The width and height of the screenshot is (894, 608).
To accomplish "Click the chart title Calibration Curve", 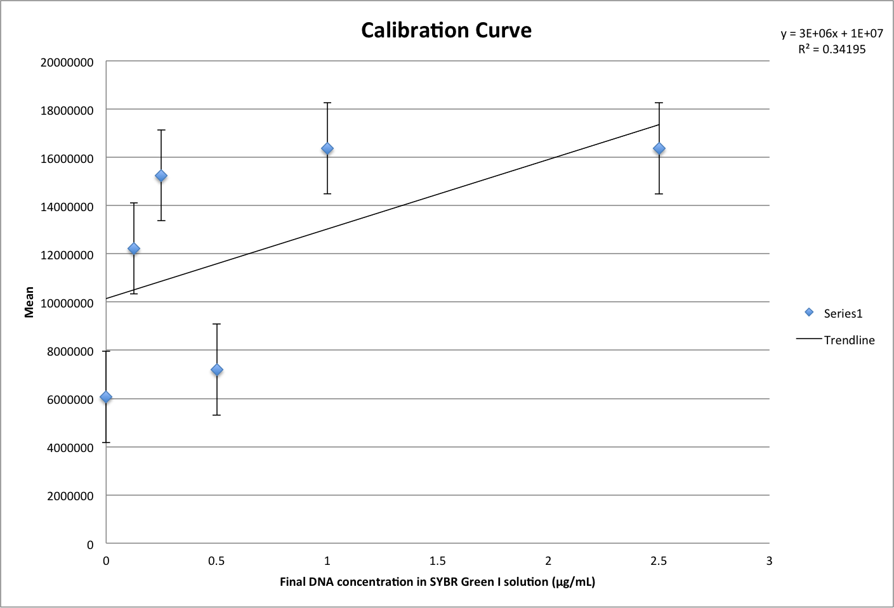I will tap(446, 30).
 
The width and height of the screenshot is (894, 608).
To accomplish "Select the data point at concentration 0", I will tap(106, 398).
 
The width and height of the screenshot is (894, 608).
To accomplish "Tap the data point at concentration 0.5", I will tap(216, 370).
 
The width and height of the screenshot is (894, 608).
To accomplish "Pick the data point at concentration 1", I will tap(327, 149).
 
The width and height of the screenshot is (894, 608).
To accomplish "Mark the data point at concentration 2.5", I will tap(659, 149).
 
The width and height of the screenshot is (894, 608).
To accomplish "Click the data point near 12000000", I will tap(134, 249).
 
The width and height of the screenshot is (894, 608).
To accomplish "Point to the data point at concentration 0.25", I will tap(161, 176).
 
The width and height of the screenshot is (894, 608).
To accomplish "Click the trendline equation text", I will tap(831, 34).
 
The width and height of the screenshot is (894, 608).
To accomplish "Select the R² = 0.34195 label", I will tap(831, 49).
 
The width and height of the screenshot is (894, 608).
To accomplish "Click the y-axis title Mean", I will tap(29, 302).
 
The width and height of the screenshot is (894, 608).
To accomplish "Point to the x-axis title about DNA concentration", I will tap(437, 582).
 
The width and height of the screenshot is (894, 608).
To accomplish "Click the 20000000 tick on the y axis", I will tap(67, 63).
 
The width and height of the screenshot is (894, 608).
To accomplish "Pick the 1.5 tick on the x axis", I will tap(437, 561).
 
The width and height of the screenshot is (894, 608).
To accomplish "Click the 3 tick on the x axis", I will tap(769, 561).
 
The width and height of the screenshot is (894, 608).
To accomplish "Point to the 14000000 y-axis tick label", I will tap(67, 207).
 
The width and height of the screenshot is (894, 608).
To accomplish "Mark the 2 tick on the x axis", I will tap(548, 561).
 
